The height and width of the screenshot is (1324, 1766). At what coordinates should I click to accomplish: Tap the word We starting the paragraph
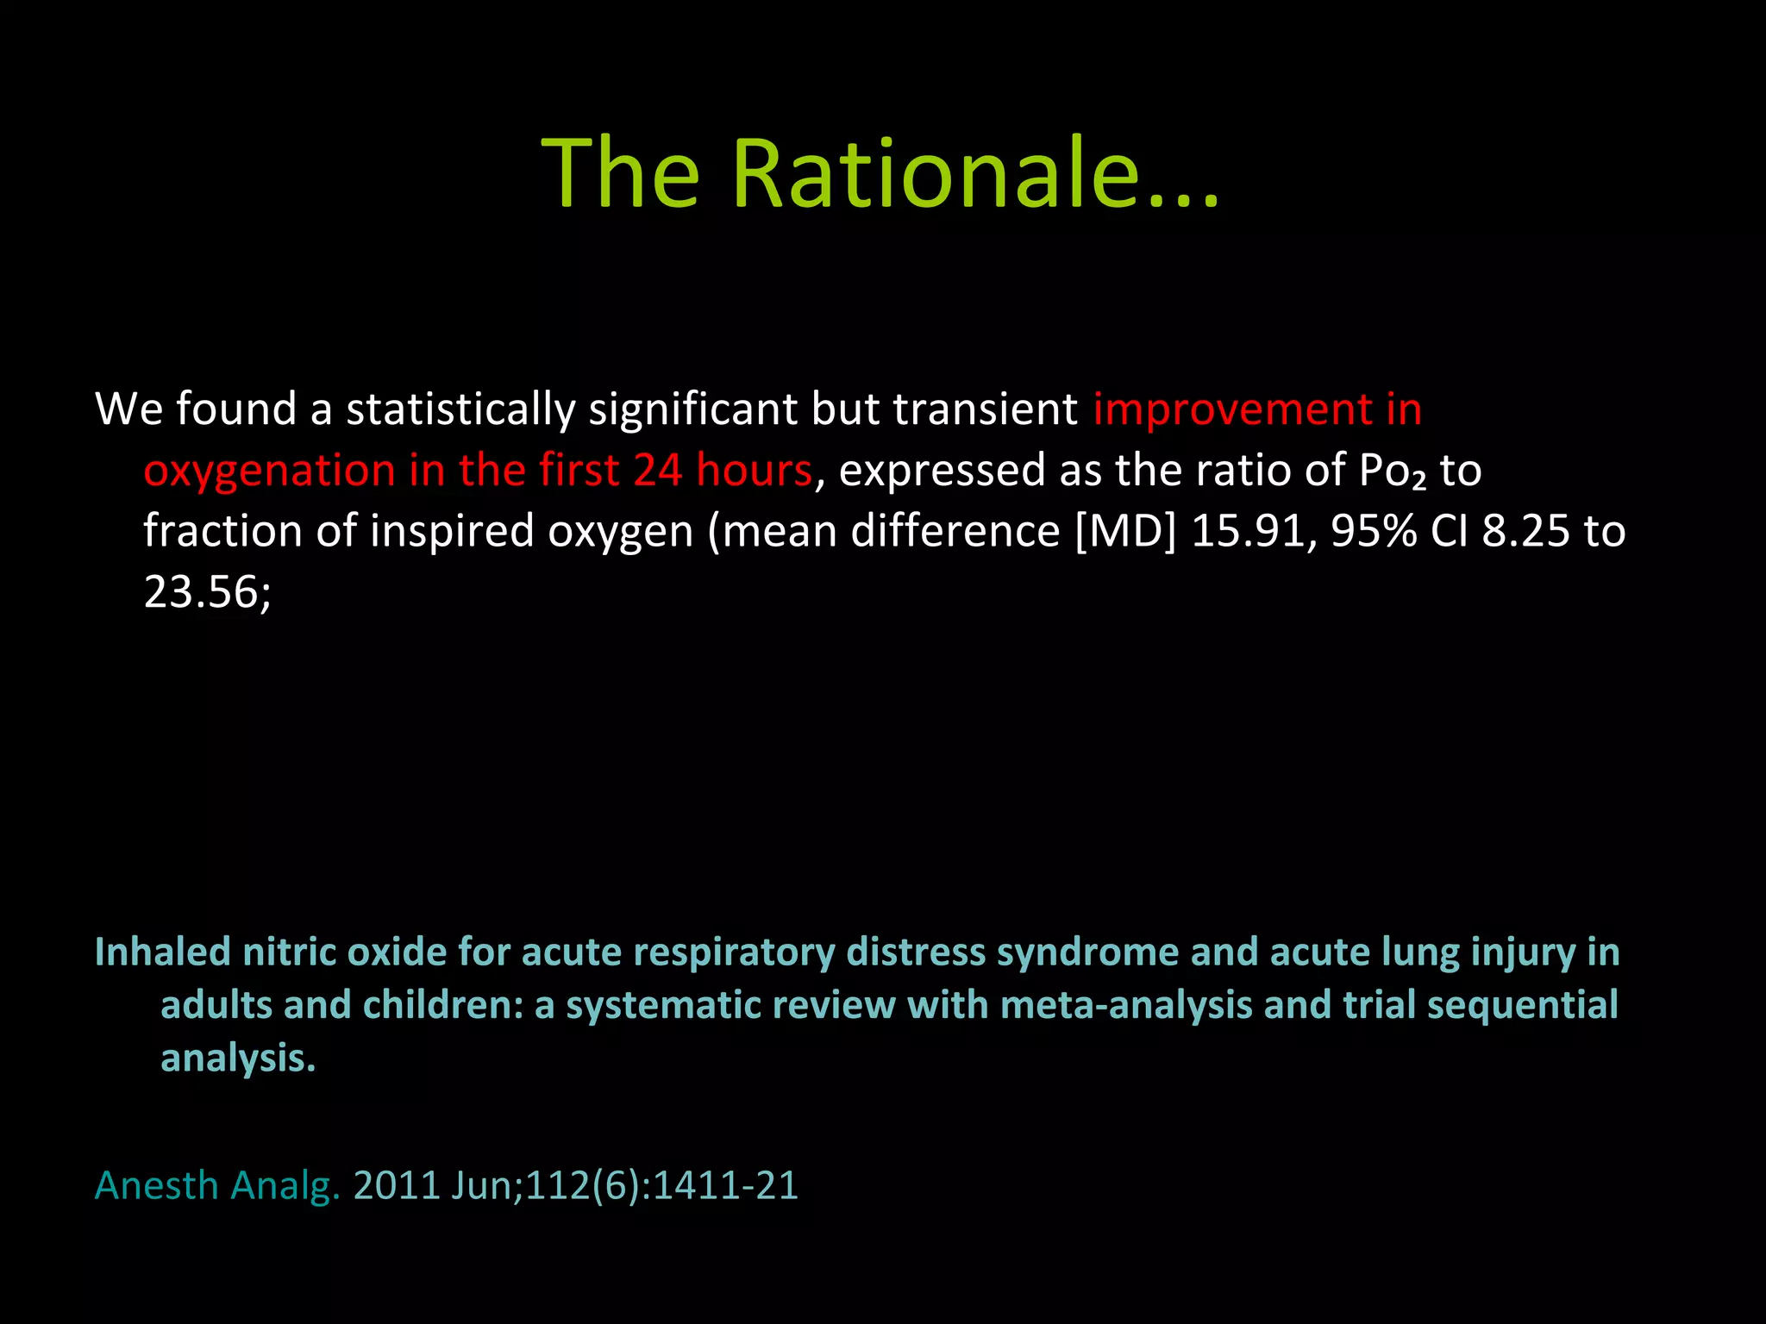click(128, 409)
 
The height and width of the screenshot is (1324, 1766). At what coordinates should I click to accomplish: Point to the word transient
click(986, 409)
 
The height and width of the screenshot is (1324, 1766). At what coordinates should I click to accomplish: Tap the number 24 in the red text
click(657, 471)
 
